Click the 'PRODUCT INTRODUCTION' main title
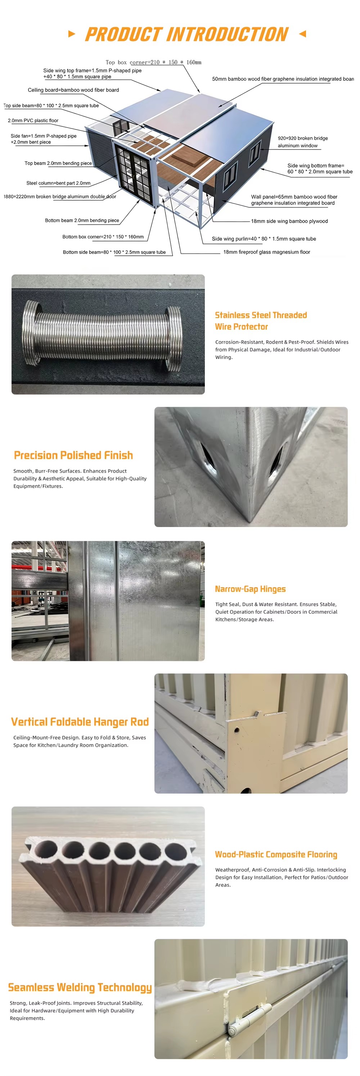pos(187,34)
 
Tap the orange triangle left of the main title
pos(72,34)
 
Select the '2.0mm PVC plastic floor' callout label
pos(33,121)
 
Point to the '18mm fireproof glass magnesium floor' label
pos(266,252)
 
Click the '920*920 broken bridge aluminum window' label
pos(303,142)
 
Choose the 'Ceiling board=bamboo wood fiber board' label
pos(73,90)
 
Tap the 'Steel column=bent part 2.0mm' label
pos(58,183)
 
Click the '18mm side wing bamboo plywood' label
pos(289,221)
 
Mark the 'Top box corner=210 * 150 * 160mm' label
pos(153,62)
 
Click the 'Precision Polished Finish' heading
pos(73,455)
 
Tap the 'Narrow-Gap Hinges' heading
pos(250,589)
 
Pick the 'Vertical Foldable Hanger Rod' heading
pos(80,722)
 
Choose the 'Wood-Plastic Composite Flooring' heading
pos(276,854)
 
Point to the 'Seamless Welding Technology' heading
pos(80,987)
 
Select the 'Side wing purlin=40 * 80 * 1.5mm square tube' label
pos(264,239)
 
